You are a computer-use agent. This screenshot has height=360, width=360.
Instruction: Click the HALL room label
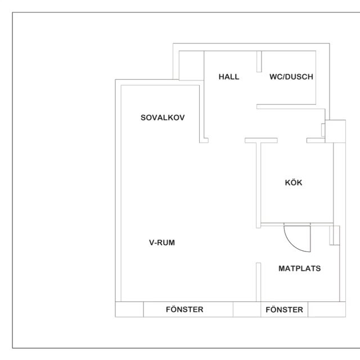229,77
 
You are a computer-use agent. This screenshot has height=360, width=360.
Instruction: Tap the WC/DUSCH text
291,77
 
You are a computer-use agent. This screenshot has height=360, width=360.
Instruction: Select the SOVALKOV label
163,118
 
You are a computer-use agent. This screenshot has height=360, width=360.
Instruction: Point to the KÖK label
294,183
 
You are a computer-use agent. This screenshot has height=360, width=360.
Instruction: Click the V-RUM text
163,243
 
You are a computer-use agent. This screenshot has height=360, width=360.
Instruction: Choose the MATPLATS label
299,268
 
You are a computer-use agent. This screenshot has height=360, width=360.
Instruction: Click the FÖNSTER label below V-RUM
184,309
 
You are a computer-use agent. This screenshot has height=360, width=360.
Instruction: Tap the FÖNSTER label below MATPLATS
284,309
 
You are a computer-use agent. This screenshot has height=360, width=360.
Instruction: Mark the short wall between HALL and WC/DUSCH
259,61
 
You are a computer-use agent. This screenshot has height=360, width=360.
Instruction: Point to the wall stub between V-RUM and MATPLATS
258,281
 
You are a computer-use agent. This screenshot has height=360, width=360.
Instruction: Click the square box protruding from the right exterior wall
335,130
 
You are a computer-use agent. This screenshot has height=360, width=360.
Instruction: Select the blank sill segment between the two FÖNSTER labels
246,309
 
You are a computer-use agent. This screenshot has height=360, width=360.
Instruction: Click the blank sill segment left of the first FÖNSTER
129,309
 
